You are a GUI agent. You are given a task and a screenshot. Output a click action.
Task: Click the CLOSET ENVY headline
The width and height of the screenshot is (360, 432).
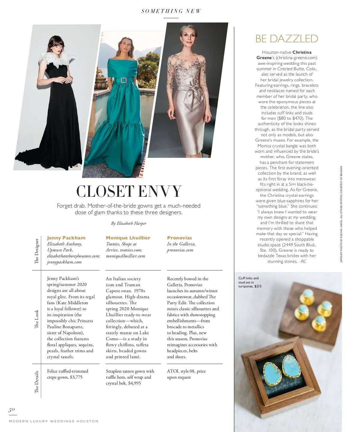(x=129, y=191)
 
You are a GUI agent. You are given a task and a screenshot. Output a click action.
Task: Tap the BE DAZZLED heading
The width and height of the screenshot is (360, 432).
(x=286, y=39)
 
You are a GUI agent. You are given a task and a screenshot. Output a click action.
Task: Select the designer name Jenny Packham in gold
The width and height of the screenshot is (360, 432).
(x=66, y=238)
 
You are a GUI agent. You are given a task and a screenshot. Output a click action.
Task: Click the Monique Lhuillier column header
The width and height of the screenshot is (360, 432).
(x=128, y=238)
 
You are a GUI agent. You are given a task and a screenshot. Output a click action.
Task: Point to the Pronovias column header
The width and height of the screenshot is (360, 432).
(x=179, y=238)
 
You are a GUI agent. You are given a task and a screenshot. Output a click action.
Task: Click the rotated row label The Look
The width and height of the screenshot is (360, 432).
(x=37, y=319)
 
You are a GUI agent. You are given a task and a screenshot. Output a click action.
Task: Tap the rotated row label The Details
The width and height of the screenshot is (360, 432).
(x=37, y=382)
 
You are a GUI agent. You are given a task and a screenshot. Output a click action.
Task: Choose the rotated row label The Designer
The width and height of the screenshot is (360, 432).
(x=37, y=251)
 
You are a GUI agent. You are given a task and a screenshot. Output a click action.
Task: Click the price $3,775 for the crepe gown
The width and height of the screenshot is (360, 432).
(x=76, y=377)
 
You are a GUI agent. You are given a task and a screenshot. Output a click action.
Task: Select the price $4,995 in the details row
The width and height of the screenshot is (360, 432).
(x=135, y=383)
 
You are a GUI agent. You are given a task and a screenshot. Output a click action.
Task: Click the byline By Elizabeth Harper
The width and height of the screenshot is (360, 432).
(x=129, y=223)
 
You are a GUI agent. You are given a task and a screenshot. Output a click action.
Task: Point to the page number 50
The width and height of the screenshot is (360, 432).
(x=12, y=410)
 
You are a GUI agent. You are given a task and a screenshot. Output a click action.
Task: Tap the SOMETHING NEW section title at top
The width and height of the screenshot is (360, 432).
(x=171, y=11)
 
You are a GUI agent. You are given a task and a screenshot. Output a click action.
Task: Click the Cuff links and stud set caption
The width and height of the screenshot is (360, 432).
(x=250, y=282)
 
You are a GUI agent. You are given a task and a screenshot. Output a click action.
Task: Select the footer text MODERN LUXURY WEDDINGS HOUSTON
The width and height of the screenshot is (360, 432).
(x=54, y=421)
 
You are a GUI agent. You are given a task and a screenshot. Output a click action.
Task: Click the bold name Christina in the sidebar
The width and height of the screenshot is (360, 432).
(x=302, y=52)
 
